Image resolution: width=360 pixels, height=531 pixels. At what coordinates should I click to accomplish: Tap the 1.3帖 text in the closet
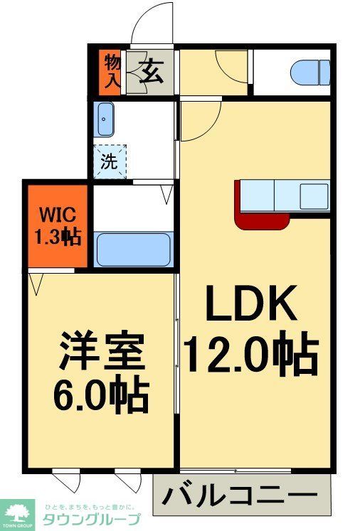pos(57,237)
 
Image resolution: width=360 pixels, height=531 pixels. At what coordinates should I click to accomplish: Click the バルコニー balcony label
pos(243,495)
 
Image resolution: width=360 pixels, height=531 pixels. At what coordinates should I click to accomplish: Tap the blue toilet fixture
pos(310,71)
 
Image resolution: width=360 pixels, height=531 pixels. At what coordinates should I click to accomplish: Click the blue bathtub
pos(134,249)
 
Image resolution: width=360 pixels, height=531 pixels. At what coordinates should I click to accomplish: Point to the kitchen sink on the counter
pos(313,193)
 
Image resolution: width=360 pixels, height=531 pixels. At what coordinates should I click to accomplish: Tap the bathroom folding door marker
pos(166,193)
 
